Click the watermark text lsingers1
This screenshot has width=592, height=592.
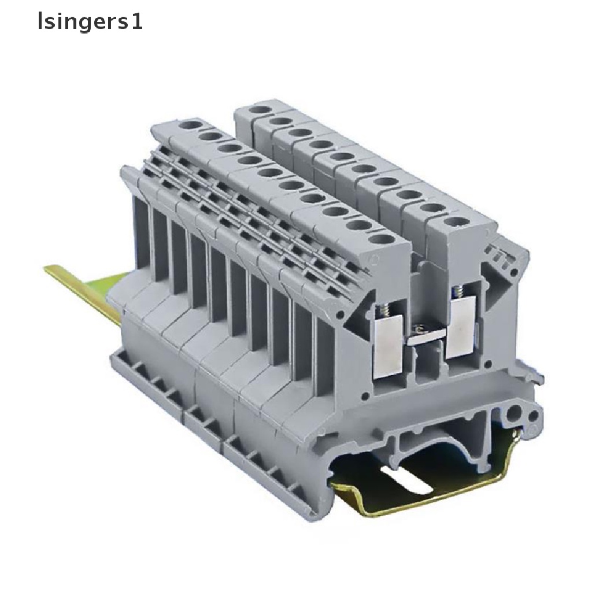[90, 22]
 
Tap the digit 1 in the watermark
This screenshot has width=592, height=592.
[138, 21]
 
